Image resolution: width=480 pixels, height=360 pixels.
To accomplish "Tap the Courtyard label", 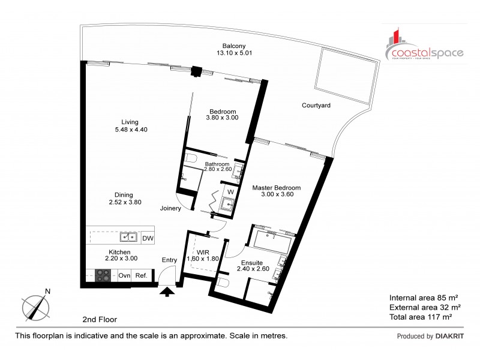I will pos(316,106).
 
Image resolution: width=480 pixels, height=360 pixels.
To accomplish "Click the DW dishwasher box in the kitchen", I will pos(147,238).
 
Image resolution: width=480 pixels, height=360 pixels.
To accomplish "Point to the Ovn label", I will pos(124,275).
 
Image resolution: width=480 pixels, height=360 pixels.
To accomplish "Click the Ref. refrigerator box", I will pos(141,275).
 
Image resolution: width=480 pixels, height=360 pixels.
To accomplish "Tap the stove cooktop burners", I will pos(103,275).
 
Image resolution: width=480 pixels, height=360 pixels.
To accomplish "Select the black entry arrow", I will pos(167,292).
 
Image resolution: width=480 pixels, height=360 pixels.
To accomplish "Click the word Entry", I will pos(170,260).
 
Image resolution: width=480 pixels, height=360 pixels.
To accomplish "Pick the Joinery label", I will pos(172,209).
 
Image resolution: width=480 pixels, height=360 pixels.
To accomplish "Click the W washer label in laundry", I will pos(230,193).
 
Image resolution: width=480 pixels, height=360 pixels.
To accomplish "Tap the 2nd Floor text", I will pos(100,320).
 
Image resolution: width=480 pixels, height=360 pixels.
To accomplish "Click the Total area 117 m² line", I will pos(420,316).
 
